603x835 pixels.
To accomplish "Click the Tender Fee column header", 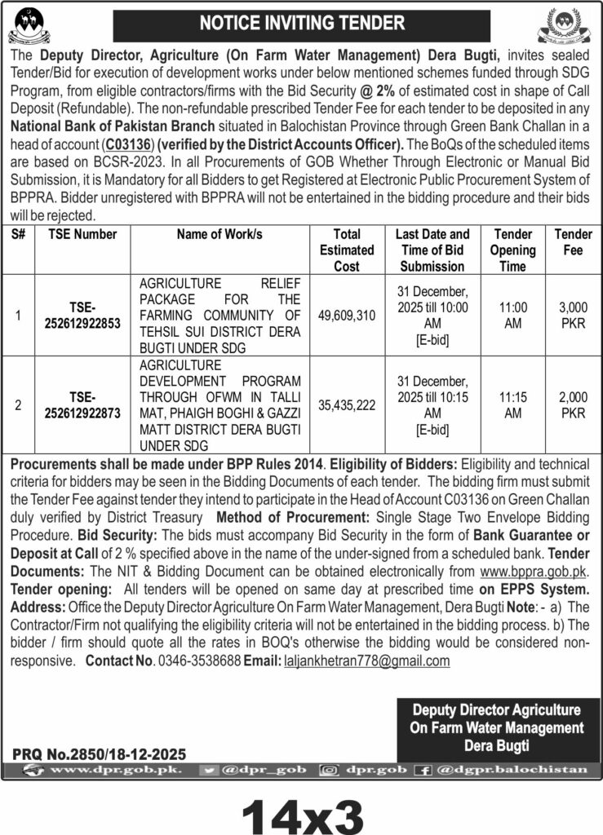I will (573, 242).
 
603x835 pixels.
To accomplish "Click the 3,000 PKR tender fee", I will (573, 316).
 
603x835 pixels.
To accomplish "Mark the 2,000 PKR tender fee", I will (573, 405).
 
